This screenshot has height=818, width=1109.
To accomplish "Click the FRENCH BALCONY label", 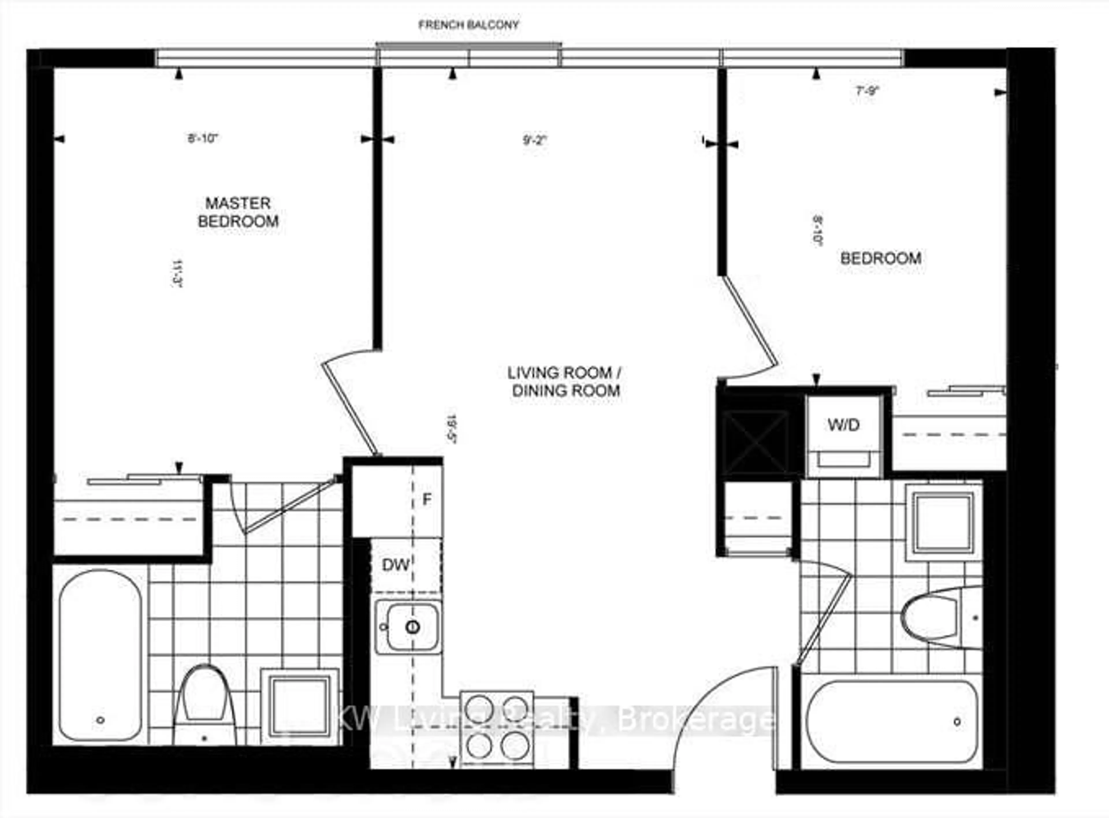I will point(468,25).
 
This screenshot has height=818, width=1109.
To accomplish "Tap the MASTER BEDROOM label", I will point(238,212).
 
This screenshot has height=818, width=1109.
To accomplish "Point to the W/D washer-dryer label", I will point(844,425).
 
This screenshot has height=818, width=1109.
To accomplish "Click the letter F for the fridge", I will point(427,500).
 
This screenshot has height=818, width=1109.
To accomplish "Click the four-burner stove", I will point(497,727).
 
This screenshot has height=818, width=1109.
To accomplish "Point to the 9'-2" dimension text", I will point(535,140).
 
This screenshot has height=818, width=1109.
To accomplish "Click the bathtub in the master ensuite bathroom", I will point(101,656).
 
